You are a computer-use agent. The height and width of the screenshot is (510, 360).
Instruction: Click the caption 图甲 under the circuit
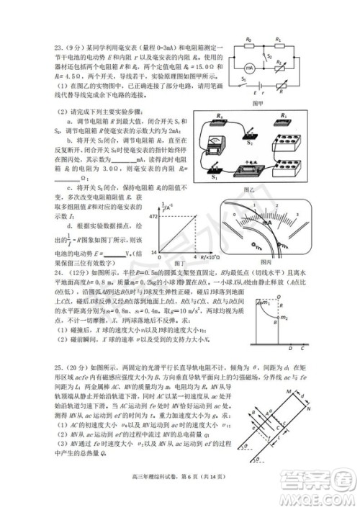click(x=270, y=103)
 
